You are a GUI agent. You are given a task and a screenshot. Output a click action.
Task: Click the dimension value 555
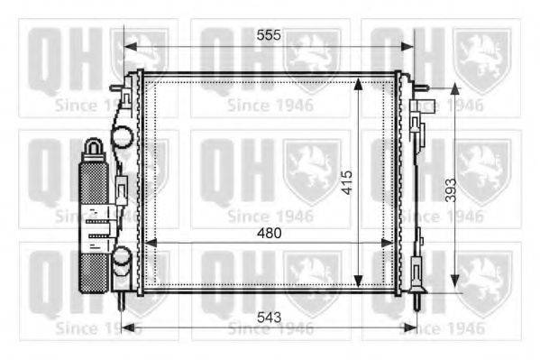point(269,35)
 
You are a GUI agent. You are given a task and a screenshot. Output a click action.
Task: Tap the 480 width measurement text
point(269,233)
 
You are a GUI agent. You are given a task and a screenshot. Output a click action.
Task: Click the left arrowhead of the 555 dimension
point(128,45)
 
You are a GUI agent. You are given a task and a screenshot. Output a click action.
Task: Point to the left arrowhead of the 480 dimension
point(150,242)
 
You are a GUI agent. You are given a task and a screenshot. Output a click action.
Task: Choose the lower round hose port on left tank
point(122,262)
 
